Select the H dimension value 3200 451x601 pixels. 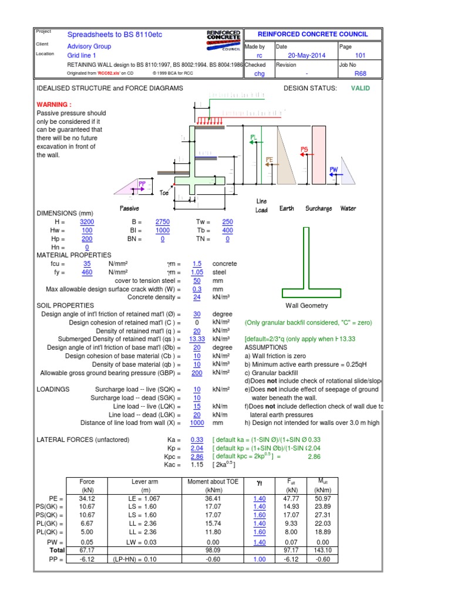point(87,222)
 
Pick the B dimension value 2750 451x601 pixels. point(162,222)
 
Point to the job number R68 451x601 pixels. point(360,74)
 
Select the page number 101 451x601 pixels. point(360,56)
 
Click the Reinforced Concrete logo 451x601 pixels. point(224,38)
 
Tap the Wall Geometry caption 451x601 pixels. point(307,306)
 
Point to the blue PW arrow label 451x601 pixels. point(334,170)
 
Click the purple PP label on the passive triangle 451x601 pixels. point(142,184)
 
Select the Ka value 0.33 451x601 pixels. point(197,440)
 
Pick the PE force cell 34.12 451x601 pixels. point(87,498)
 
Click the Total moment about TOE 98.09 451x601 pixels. point(213,551)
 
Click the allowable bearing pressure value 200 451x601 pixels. point(197,373)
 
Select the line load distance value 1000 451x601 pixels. point(197,423)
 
